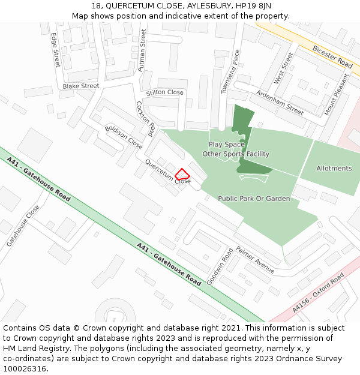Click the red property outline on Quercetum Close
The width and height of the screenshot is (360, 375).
click(182, 174)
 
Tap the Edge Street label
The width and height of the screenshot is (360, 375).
click(55, 50)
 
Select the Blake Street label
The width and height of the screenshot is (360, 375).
click(80, 86)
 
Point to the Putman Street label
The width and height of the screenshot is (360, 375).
click(142, 51)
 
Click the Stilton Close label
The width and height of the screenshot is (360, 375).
click(164, 92)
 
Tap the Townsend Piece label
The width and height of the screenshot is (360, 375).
click(230, 71)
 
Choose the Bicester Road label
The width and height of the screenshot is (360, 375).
click(332, 55)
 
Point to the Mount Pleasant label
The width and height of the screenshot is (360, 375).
click(337, 95)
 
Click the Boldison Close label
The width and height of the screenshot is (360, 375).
click(124, 137)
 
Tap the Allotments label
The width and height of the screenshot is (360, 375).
click(334, 169)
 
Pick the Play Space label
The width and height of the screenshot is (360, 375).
click(227, 145)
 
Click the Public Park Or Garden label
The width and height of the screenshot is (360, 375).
click(254, 199)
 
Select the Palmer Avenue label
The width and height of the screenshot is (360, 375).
click(255, 260)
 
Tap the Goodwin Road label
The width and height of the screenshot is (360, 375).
click(219, 266)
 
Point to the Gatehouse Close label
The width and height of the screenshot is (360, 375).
click(23, 226)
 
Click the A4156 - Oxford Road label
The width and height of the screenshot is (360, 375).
click(319, 292)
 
